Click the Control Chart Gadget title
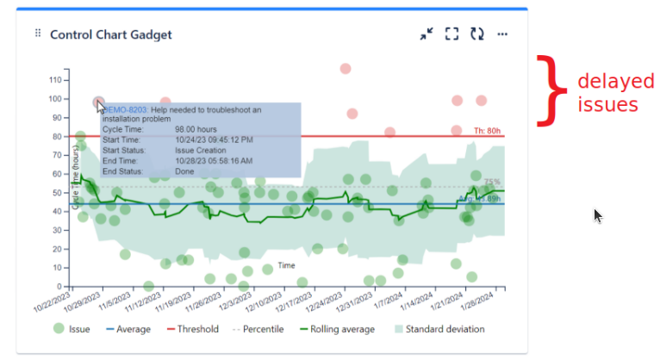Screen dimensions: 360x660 110,34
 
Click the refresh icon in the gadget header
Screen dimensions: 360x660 477,34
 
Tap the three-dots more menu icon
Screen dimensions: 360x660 503,34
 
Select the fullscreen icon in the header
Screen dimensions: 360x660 451,34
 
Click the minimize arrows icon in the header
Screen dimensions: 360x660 427,34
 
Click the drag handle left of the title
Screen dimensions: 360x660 38,34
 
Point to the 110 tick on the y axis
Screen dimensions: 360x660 56,80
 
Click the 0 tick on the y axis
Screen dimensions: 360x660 60,286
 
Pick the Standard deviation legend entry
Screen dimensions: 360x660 438,329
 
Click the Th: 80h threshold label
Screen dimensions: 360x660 487,131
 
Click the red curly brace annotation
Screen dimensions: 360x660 549,90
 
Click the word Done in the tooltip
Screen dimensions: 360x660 185,171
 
